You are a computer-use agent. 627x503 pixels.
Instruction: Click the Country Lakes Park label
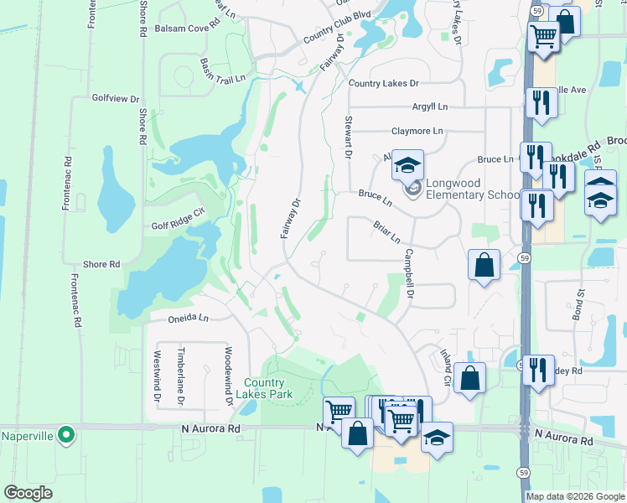(265, 387)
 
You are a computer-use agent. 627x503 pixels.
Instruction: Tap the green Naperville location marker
(68, 435)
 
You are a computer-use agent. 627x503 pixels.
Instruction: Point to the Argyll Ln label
(430, 106)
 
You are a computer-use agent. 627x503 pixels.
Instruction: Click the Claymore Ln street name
(417, 132)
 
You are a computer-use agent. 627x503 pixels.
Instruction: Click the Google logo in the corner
(29, 492)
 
